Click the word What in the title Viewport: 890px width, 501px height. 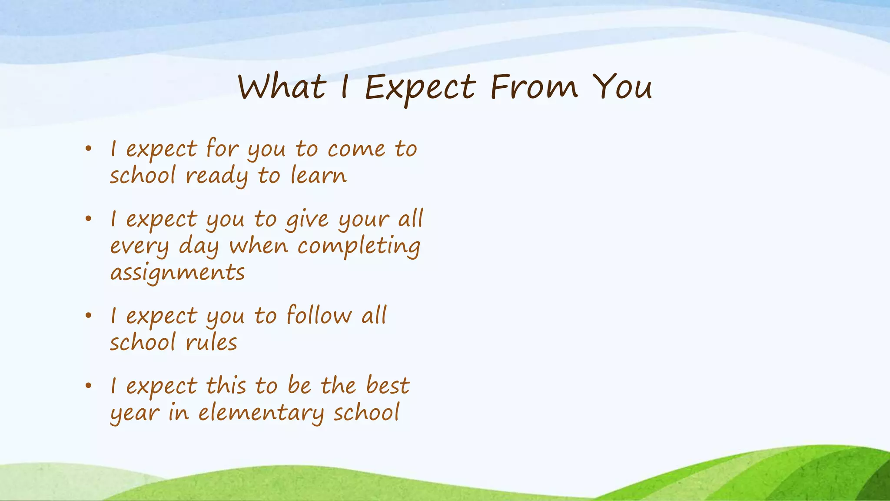[282, 87]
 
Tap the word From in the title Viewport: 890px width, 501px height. [534, 87]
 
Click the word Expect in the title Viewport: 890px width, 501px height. [420, 88]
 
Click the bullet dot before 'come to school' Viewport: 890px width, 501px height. [89, 149]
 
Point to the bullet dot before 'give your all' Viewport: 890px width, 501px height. [89, 219]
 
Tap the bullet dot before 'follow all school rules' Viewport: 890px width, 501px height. [89, 316]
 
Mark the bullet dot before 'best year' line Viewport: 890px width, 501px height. [89, 386]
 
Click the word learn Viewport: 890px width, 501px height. [318, 176]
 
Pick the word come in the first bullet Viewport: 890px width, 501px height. [356, 150]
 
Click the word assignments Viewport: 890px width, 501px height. [177, 274]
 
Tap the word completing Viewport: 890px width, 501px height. [359, 247]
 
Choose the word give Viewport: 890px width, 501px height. [307, 220]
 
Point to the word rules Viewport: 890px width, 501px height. [212, 343]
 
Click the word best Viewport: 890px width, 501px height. [387, 386]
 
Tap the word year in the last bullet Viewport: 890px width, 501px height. [134, 414]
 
